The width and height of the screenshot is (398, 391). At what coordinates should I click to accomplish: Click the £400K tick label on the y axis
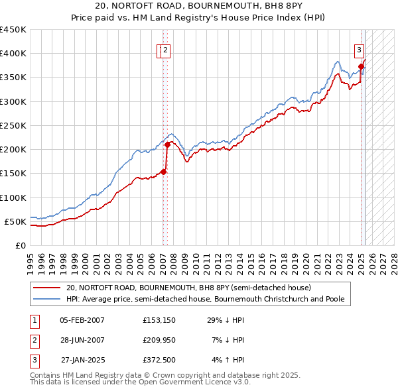pos(13,54)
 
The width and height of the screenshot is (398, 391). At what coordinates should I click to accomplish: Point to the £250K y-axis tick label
pos(13,125)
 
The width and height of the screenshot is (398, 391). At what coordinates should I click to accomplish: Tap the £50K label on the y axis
pos(15,221)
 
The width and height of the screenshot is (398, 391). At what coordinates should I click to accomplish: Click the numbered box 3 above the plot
pos(359,48)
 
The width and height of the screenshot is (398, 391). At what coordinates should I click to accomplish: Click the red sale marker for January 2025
pos(362,66)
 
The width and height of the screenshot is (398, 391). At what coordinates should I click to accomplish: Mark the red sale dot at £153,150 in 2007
pos(163,172)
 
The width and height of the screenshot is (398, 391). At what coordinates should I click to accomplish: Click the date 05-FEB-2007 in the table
pos(82,320)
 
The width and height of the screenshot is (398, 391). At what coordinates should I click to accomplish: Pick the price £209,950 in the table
pos(159,340)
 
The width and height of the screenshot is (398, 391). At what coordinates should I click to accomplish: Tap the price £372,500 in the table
pos(159,360)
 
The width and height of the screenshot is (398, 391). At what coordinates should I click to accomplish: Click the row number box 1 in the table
pos(32,320)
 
